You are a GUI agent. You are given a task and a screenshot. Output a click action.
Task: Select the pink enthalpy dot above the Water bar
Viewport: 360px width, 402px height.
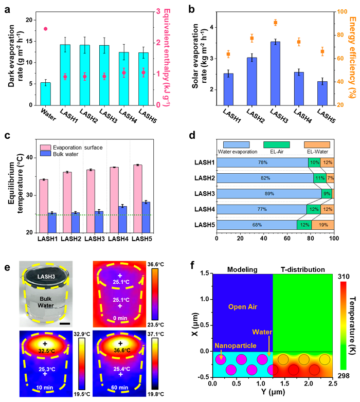pos(45,29)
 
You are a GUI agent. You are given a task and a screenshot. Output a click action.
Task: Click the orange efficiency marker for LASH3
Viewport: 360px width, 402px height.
pos(275,22)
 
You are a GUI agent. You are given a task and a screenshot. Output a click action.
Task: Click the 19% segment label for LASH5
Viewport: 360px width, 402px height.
pos(322,224)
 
